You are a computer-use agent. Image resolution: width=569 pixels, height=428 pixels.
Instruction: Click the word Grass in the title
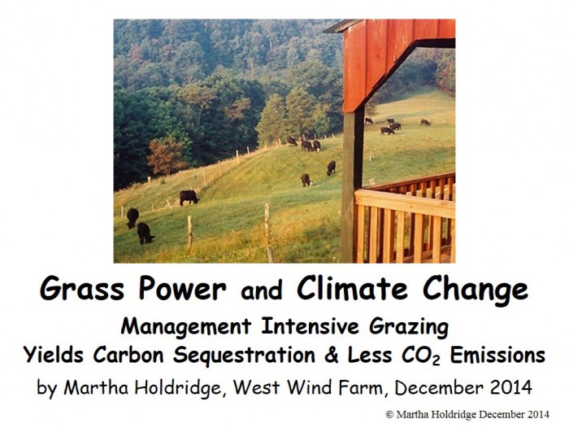[82, 288]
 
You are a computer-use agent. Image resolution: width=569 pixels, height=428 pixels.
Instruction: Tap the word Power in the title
[183, 288]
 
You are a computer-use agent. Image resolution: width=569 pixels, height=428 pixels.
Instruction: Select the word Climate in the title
[352, 287]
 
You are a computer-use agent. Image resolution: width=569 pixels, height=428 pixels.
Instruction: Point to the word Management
[186, 326]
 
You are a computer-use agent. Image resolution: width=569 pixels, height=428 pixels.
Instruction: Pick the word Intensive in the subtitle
[310, 326]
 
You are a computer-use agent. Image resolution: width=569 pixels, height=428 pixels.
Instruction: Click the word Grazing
[409, 327]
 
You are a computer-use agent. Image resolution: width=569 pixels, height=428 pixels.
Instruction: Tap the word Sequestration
[244, 356]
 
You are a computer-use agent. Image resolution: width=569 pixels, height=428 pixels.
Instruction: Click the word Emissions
[497, 355]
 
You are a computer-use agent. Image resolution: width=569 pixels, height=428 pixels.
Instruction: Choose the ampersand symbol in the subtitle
[332, 356]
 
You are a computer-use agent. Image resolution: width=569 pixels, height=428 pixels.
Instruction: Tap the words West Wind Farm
[307, 387]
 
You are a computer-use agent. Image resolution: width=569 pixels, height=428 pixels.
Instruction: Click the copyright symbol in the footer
[389, 414]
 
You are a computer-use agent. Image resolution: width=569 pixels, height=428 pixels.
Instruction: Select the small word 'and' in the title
[262, 290]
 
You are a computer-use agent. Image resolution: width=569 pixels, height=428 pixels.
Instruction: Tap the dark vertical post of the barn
[352, 186]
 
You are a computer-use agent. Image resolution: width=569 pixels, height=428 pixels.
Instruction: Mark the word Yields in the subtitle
[54, 355]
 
